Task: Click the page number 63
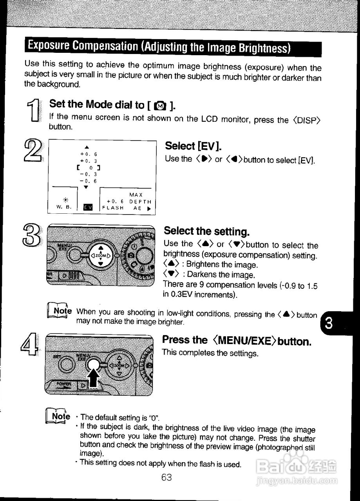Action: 166,478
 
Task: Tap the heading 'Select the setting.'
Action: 206,231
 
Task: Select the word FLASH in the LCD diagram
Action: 113,208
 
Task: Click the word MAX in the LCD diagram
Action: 136,195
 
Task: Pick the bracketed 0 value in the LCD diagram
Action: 89,168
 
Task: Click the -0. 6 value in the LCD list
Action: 89,181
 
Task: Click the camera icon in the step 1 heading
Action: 160,105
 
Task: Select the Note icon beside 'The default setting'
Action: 58,416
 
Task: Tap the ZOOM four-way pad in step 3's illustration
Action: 101,256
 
